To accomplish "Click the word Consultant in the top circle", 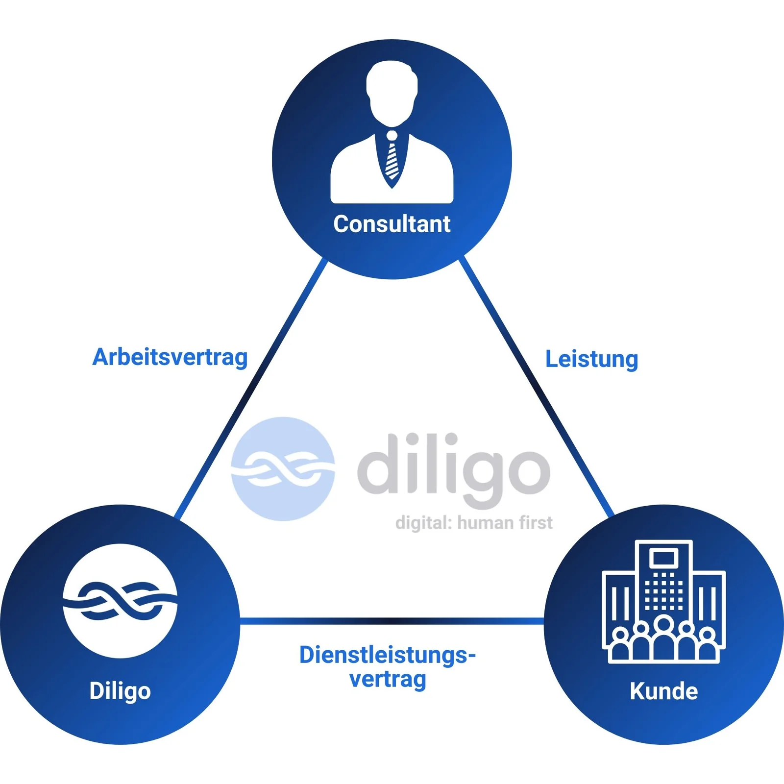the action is [x=392, y=224].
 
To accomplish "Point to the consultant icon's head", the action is [x=392, y=93].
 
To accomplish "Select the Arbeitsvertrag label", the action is [x=170, y=357].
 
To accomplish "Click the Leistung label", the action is [x=592, y=359].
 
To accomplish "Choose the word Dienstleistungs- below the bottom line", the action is [x=388, y=655].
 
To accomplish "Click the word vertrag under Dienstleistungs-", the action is [x=388, y=680].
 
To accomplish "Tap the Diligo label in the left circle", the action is [x=120, y=691].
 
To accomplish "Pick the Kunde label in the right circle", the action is [x=664, y=691].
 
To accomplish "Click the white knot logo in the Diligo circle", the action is [x=120, y=601].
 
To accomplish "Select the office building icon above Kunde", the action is [x=664, y=602].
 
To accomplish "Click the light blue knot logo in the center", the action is [x=283, y=469].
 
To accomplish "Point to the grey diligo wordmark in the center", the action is [x=454, y=470].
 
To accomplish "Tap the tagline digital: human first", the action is [x=474, y=523].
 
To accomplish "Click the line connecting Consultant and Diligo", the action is [x=251, y=389].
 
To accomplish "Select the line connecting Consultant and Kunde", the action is [x=537, y=387].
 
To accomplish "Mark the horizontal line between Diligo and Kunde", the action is [x=392, y=621].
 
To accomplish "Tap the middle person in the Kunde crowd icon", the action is [x=664, y=639].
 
